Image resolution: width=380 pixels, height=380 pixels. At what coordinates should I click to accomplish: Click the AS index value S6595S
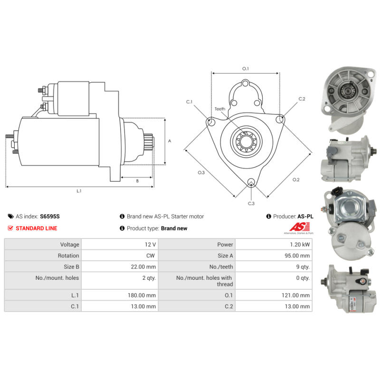50,217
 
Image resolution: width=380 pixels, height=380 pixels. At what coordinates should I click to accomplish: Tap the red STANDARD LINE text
37,228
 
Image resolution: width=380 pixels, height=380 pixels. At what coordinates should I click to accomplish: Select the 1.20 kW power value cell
274,244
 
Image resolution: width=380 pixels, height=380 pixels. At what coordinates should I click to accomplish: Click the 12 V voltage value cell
120,244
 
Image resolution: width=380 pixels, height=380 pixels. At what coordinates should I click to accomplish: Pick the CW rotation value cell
120,256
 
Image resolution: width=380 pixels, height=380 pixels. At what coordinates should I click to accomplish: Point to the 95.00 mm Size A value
297,256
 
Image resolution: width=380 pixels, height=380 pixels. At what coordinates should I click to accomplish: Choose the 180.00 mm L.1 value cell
120,295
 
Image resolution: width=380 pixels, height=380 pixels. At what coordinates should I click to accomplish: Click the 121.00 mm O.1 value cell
274,295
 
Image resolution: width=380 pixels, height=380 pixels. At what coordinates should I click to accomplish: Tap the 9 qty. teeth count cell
274,266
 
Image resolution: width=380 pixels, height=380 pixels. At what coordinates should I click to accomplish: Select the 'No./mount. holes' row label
57,278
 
